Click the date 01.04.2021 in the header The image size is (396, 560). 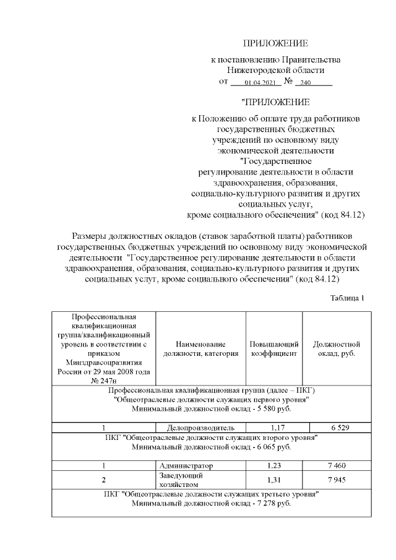[259, 82]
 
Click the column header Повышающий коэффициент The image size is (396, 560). [274, 348]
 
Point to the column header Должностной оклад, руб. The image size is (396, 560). [337, 348]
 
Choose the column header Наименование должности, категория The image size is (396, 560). [200, 348]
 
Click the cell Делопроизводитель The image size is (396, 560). [200, 428]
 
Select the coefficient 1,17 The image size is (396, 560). [274, 428]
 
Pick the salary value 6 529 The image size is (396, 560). [337, 428]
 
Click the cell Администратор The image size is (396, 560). [186, 465]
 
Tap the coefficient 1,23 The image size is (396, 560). [274, 465]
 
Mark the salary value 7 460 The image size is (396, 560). [337, 465]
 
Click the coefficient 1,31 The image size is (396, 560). [274, 481]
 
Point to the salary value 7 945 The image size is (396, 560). [337, 481]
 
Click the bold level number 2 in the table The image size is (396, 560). [104, 481]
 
